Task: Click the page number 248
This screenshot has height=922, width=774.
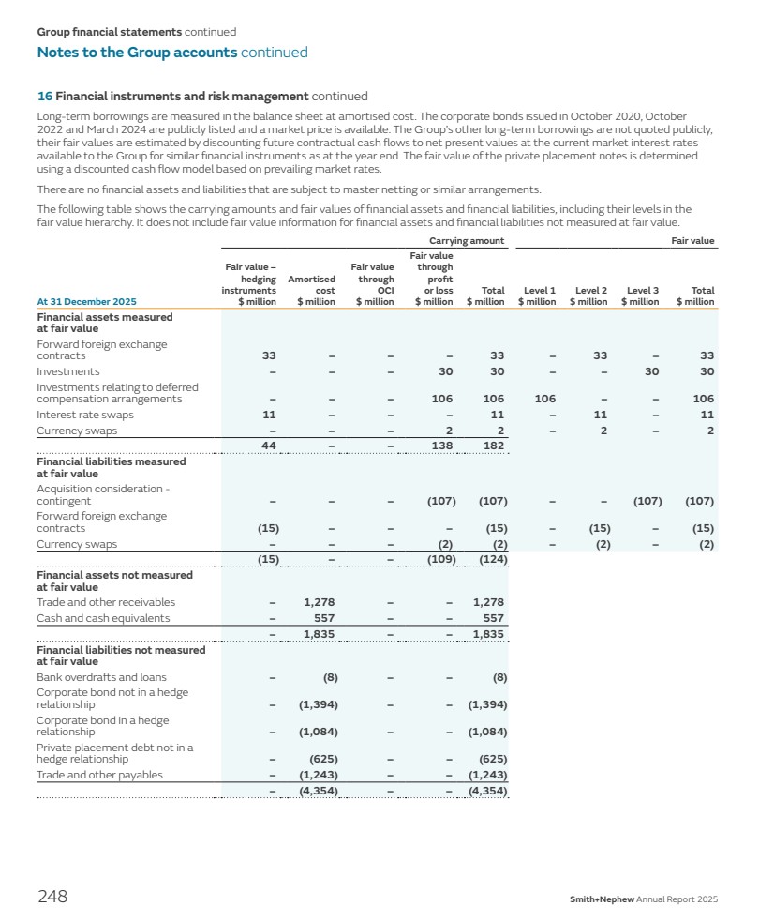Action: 52,897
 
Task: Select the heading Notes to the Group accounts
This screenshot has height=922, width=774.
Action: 137,53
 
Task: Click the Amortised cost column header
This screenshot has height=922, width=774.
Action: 312,290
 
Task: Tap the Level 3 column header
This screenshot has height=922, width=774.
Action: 642,295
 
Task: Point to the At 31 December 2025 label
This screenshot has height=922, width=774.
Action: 86,301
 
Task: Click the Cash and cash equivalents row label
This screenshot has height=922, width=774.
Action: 103,618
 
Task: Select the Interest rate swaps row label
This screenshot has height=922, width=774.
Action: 85,415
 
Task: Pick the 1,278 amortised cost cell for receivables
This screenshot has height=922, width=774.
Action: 320,602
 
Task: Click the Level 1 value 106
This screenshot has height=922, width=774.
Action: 544,399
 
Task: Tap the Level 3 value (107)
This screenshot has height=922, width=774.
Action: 647,501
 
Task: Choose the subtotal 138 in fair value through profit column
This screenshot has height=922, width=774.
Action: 441,445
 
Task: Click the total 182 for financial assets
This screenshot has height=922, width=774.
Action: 493,445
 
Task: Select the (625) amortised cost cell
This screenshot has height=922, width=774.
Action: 323,759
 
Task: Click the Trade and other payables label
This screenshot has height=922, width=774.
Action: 99,775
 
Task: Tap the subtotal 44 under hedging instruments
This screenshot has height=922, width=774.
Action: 268,445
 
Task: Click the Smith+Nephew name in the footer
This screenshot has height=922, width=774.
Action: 602,899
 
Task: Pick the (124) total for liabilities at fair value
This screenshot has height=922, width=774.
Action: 492,560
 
